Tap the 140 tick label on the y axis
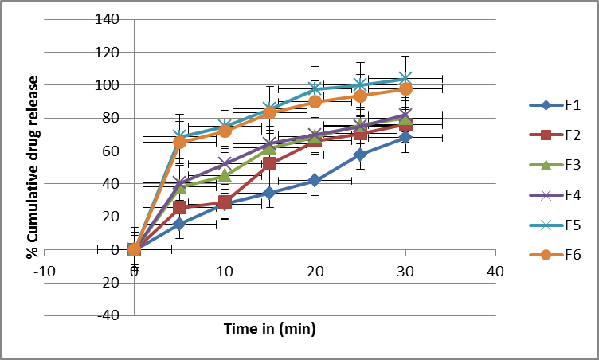[108, 19]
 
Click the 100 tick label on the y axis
[108, 84]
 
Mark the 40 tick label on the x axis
[495, 270]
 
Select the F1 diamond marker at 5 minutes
[180, 224]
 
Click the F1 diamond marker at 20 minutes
[315, 181]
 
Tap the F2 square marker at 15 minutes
[270, 163]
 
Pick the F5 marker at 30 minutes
[405, 78]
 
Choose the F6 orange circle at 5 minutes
[180, 142]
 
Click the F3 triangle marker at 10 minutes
[225, 174]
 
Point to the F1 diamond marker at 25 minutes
[360, 154]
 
